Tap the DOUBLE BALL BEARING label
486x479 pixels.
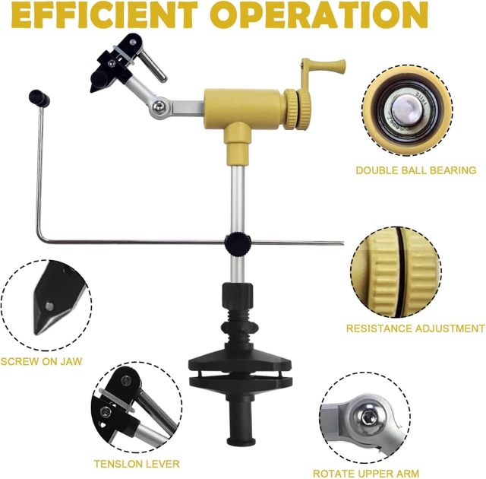(x=415, y=170)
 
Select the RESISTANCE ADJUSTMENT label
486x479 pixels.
(x=415, y=328)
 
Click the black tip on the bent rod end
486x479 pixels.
(x=36, y=97)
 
